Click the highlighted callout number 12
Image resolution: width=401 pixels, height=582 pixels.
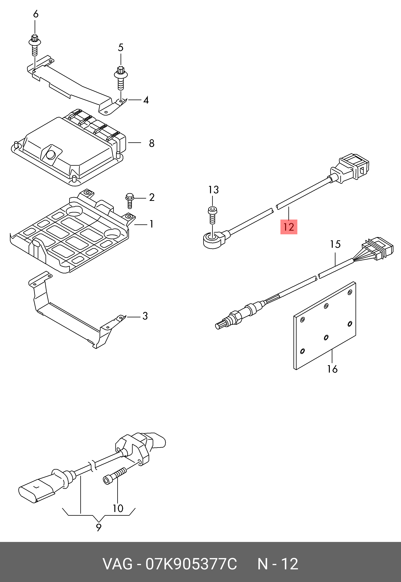(x=289, y=227)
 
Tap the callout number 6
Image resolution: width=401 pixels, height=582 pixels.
(x=36, y=14)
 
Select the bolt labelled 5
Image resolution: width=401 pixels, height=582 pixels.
(x=121, y=79)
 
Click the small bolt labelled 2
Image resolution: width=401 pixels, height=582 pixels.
(x=130, y=200)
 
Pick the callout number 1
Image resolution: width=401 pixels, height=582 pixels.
(x=151, y=224)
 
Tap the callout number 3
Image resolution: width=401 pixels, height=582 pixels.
(x=145, y=316)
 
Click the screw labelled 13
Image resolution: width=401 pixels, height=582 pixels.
(x=212, y=215)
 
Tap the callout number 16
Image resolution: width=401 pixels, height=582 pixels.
(x=332, y=369)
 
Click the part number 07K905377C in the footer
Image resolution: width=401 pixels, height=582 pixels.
(x=191, y=564)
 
